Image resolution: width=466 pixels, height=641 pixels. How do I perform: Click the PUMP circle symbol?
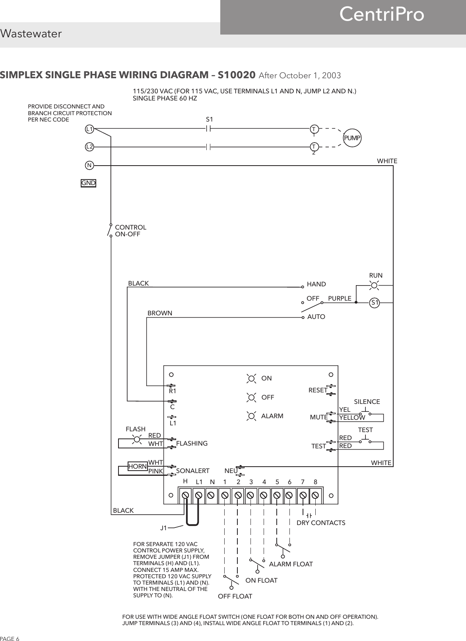pos(352,138)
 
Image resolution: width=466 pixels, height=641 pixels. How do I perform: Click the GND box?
pos(88,183)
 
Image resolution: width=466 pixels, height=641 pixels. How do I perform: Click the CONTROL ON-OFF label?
pos(130,231)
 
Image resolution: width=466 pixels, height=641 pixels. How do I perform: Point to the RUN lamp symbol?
pos(374,284)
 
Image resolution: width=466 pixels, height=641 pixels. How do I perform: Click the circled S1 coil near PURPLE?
pos(374,303)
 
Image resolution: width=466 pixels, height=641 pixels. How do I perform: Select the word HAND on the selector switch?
pos(316,284)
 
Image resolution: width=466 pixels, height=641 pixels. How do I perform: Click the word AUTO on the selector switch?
pos(316,317)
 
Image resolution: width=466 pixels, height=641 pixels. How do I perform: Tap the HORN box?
pos(138,467)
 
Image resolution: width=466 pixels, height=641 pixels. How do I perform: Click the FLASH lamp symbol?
pos(138,439)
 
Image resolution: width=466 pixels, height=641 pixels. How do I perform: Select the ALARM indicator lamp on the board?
pos(251,416)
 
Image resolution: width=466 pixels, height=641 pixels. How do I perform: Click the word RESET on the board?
pos(318,390)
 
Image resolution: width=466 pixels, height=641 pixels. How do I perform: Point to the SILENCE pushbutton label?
pos(367,402)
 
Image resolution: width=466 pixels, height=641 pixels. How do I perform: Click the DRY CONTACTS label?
pos(321,523)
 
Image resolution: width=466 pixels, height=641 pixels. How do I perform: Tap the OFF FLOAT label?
pos(235,597)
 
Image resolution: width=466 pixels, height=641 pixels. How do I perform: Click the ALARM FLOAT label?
pos(291,564)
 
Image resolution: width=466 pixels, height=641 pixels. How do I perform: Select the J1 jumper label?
pos(163,528)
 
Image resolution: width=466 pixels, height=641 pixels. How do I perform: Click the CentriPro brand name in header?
pos(381,15)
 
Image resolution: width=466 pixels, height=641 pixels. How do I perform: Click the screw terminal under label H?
pos(185,496)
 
